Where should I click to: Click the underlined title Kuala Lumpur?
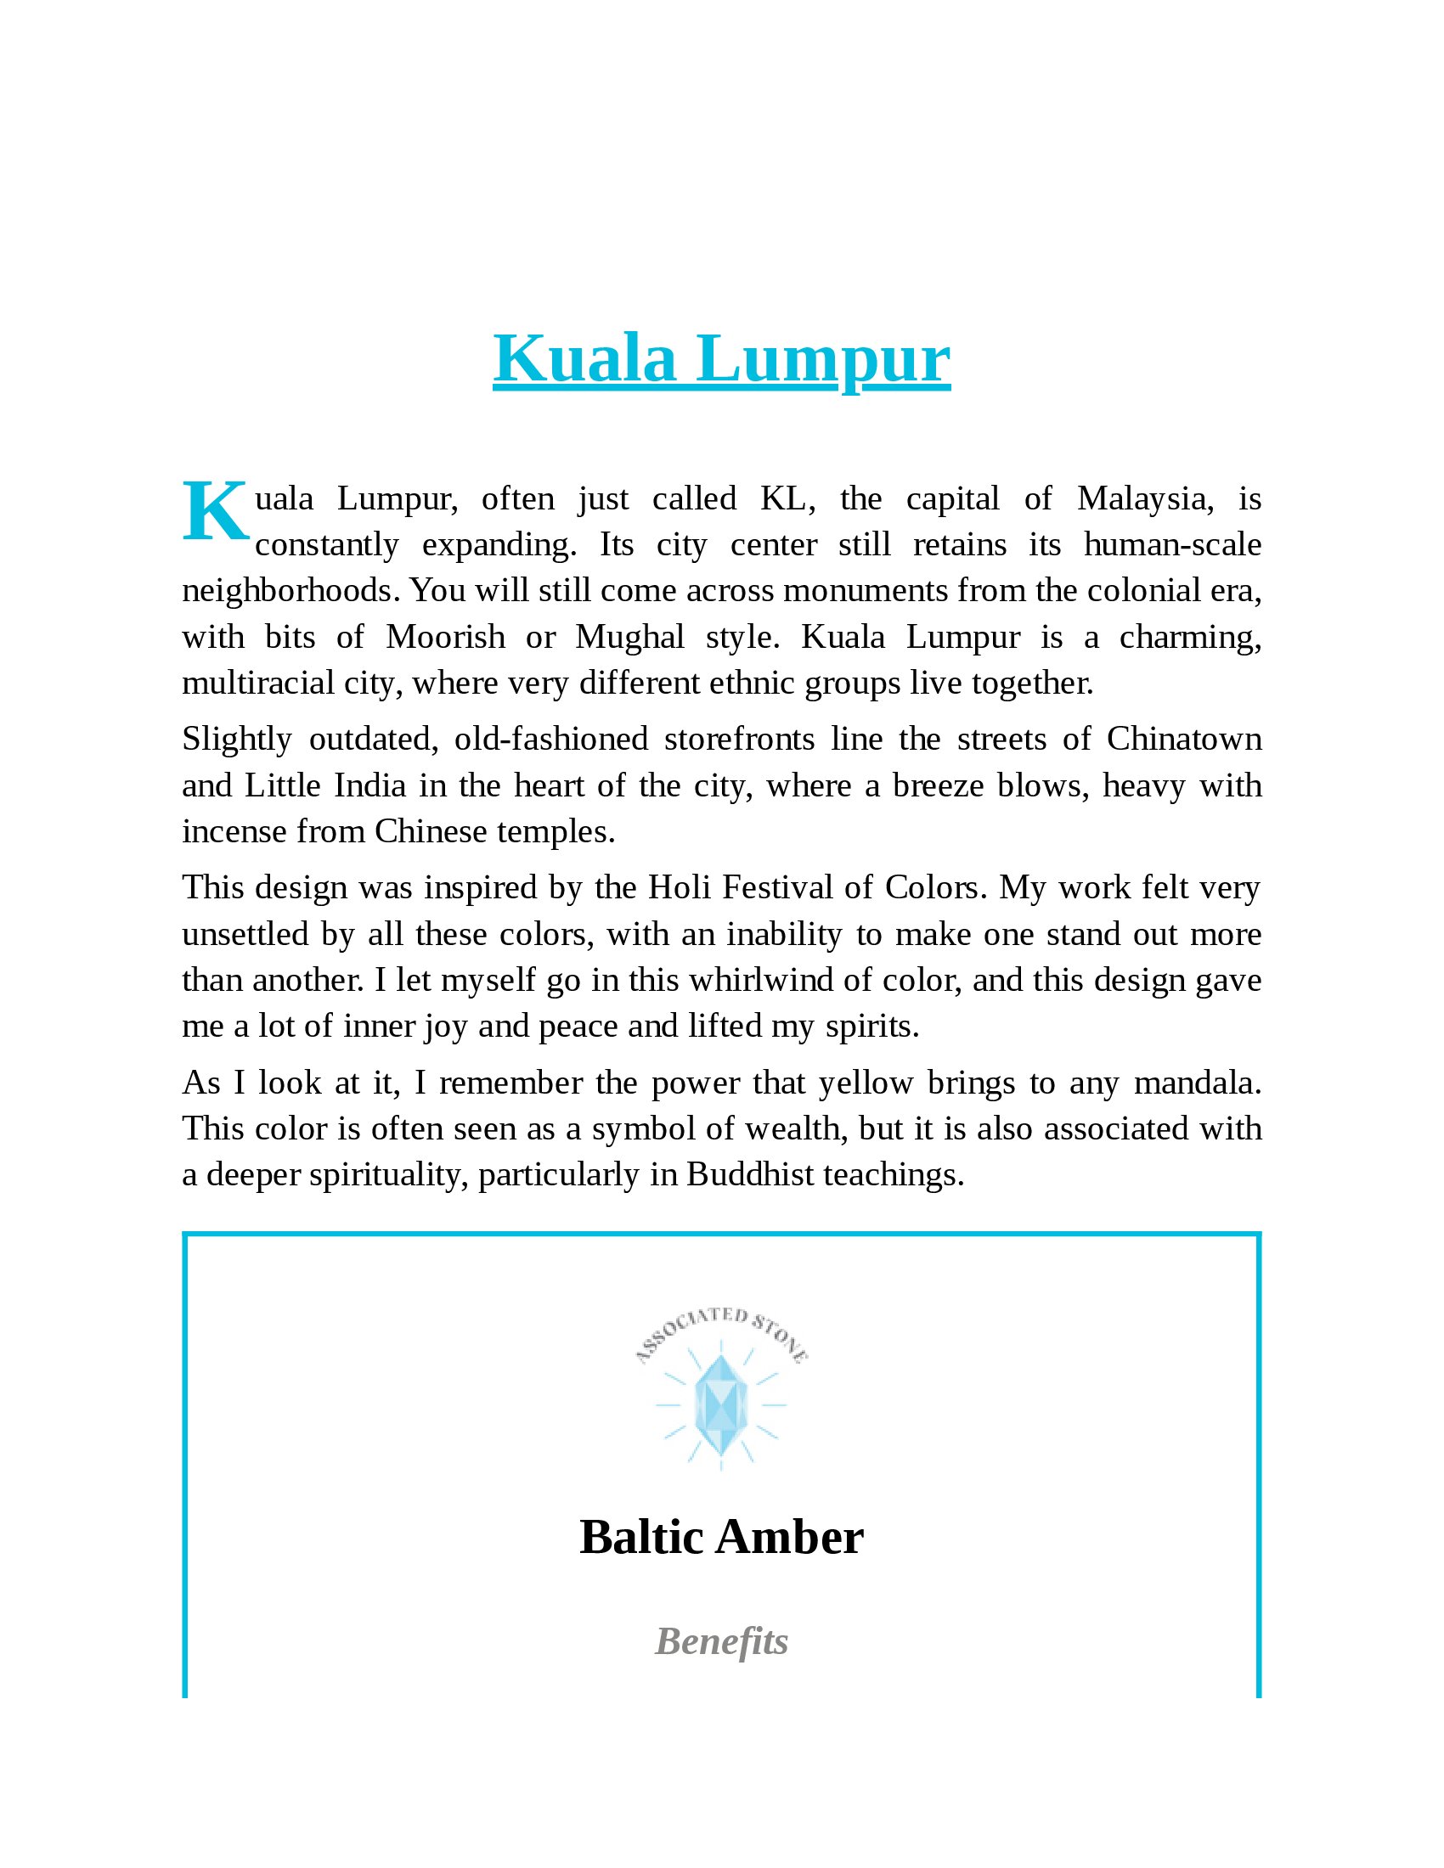721,359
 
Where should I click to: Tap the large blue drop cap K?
215,513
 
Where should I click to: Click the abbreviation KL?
783,499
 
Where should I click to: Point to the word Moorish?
446,638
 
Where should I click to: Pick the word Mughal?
629,638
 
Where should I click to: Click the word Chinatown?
1184,740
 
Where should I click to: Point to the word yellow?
866,1083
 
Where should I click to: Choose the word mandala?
1197,1083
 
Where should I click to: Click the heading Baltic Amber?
721,1538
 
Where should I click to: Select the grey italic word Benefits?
721,1642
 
